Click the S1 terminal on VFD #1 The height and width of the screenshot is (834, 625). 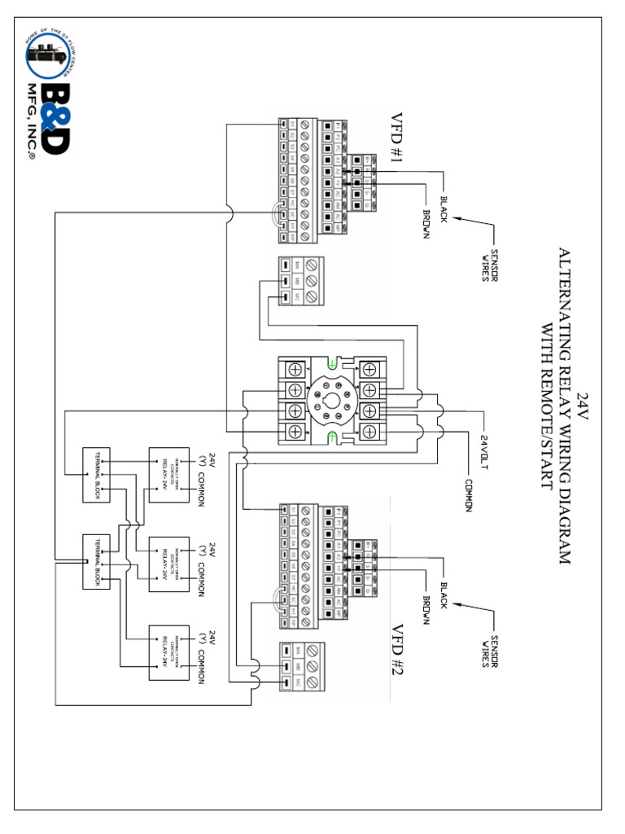pos(283,124)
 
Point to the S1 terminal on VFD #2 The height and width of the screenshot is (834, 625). pos(283,511)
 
